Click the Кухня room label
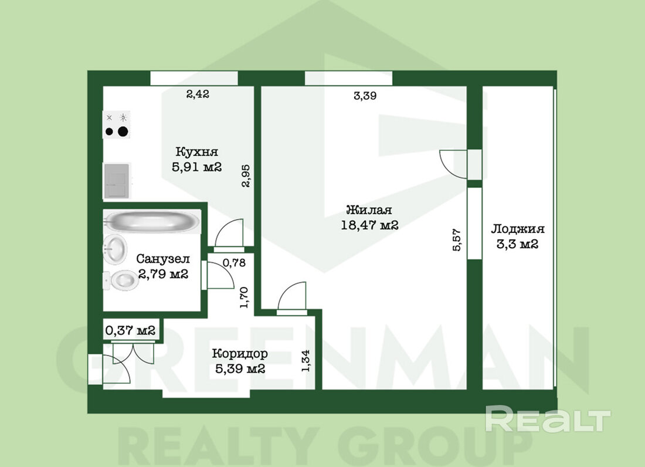click(x=196, y=152)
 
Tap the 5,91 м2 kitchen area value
click(x=196, y=167)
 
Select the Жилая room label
click(x=369, y=210)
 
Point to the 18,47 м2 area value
click(x=369, y=225)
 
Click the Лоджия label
click(x=518, y=229)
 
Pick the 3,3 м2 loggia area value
click(x=518, y=244)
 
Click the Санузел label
click(x=163, y=259)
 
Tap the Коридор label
click(x=240, y=353)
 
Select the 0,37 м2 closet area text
click(x=130, y=330)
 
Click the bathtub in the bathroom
click(x=152, y=222)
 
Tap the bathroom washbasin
click(x=115, y=249)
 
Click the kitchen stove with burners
click(x=117, y=125)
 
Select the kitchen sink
click(x=117, y=180)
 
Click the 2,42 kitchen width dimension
click(x=198, y=94)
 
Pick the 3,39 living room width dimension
click(x=365, y=96)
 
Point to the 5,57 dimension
click(x=457, y=240)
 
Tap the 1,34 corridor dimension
click(x=306, y=361)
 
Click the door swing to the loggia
click(x=453, y=164)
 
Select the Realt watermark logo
click(x=548, y=419)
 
